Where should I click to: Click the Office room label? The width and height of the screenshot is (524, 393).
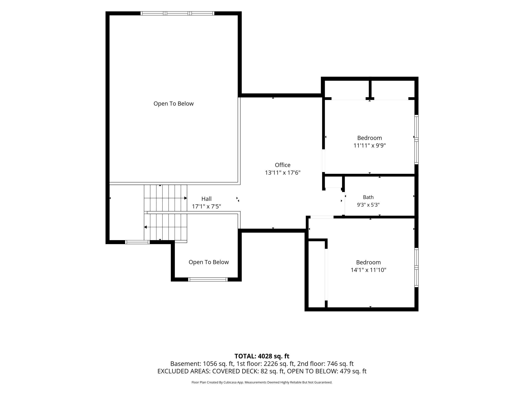coord(283,165)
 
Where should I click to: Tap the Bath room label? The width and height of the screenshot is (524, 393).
coord(368,197)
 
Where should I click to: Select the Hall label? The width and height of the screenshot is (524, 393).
coord(207,199)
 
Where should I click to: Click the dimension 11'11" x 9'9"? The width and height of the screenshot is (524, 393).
coord(370,146)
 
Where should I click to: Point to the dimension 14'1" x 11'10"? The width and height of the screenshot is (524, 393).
coord(369,270)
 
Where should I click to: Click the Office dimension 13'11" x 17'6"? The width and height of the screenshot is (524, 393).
coord(283,173)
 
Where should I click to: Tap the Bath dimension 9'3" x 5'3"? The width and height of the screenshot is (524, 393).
coord(368,205)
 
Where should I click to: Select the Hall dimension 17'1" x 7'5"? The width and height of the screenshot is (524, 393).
coord(207,207)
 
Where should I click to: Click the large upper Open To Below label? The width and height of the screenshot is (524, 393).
coord(174,104)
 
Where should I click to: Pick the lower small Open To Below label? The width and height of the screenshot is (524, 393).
coord(209,262)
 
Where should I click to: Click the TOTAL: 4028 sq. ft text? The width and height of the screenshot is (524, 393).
coord(262,356)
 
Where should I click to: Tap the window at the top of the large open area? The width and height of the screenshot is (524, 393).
coord(177,13)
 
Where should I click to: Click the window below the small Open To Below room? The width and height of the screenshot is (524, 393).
coord(208,279)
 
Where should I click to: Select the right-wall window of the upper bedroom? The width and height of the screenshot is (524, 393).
coord(416,140)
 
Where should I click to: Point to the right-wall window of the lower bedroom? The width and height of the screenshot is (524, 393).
coord(416,268)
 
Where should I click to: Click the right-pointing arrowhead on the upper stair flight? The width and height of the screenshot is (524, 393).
coord(186,198)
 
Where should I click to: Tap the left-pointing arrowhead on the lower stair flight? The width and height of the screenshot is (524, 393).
coord(145,227)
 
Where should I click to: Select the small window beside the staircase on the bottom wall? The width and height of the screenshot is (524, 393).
coord(137,242)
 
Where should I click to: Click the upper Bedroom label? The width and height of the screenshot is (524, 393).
coord(370,138)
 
